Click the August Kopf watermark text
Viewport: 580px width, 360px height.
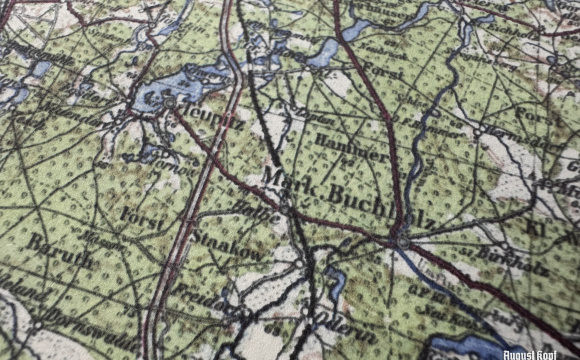point(529,352)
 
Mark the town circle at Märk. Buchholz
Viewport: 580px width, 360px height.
point(401,240)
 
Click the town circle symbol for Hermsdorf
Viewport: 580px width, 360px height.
point(482,132)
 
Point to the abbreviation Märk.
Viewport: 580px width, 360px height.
point(290,180)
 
